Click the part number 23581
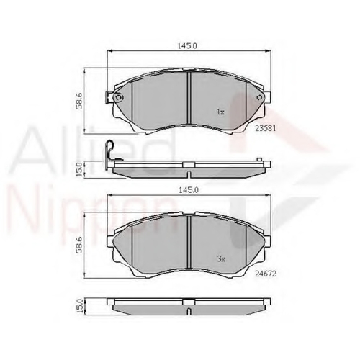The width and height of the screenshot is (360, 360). pyautogui.click(x=266, y=128)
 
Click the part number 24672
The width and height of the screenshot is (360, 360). pyautogui.click(x=266, y=274)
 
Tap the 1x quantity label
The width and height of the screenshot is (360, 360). pyautogui.click(x=220, y=112)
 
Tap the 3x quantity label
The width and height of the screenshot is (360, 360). pyautogui.click(x=221, y=259)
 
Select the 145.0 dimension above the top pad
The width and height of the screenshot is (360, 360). pyautogui.click(x=187, y=45)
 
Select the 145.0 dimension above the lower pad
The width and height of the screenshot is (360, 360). pyautogui.click(x=189, y=190)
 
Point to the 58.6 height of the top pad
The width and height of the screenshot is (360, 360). pyautogui.click(x=79, y=101)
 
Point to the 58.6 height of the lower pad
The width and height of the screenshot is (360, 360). pyautogui.click(x=79, y=245)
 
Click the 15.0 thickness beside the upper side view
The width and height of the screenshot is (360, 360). pyautogui.click(x=79, y=169)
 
